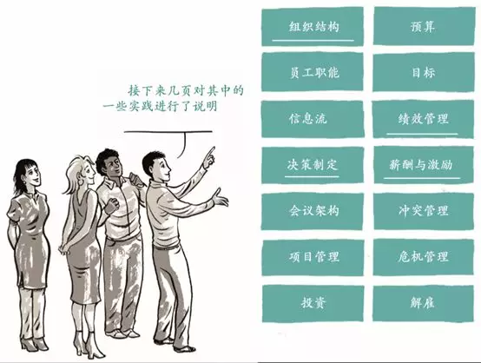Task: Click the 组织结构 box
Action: (313, 27)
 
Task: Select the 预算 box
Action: (424, 26)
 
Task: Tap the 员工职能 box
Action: (313, 72)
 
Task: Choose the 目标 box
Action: (424, 72)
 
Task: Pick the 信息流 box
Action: (313, 119)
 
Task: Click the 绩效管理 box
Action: (423, 119)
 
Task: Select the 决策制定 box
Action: (313, 165)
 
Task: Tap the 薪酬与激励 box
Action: (424, 165)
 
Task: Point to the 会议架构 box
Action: (313, 211)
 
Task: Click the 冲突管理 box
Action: (424, 211)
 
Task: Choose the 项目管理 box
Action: (313, 257)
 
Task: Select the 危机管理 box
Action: (424, 257)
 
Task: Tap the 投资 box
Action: (313, 303)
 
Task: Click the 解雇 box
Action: (423, 303)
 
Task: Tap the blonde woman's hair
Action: (75, 174)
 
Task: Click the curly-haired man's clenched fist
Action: (112, 205)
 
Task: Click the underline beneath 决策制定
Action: (312, 176)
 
